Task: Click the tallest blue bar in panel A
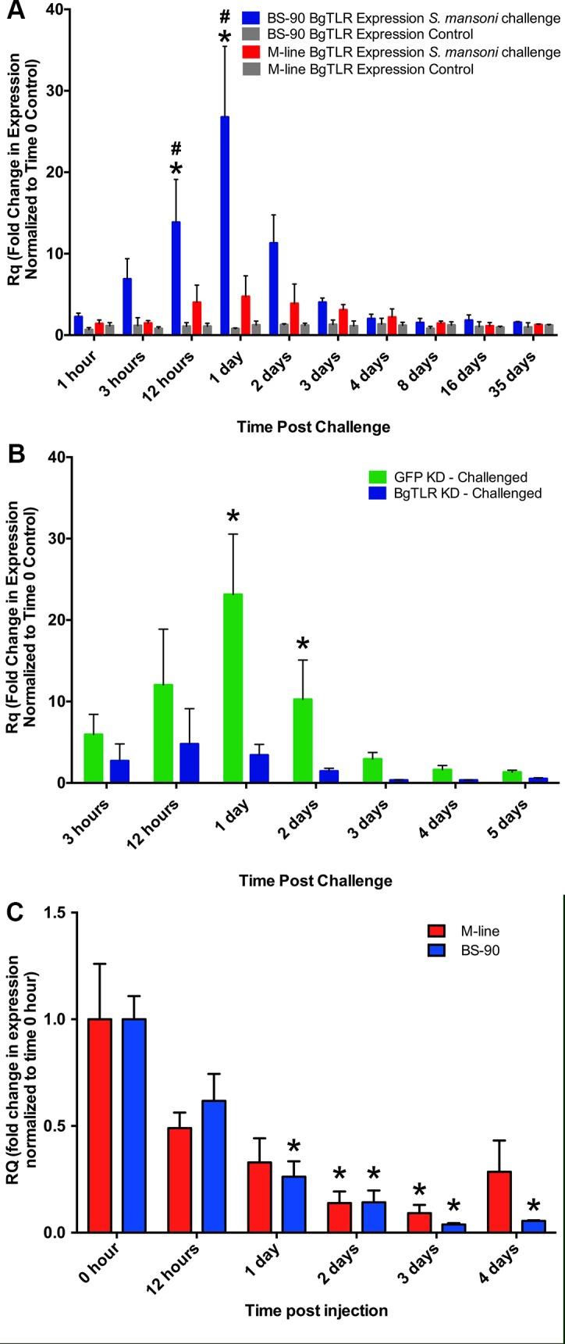tap(225, 226)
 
